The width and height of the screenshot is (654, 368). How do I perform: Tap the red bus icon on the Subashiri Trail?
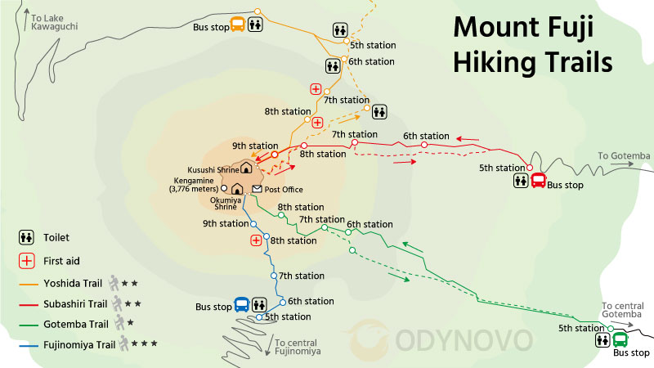(x=539, y=181)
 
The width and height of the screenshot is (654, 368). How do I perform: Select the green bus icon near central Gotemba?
(x=620, y=339)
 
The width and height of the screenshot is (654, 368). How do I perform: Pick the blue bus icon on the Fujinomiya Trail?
(x=242, y=305)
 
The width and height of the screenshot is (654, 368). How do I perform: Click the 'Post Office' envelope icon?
(x=257, y=190)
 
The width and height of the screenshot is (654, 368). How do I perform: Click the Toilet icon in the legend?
(x=26, y=238)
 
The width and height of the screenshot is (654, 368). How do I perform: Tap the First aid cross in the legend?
(x=26, y=261)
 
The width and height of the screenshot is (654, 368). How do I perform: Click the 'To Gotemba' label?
(x=623, y=155)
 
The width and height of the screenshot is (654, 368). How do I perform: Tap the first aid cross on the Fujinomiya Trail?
(x=257, y=240)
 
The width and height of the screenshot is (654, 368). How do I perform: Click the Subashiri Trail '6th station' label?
(x=426, y=136)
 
